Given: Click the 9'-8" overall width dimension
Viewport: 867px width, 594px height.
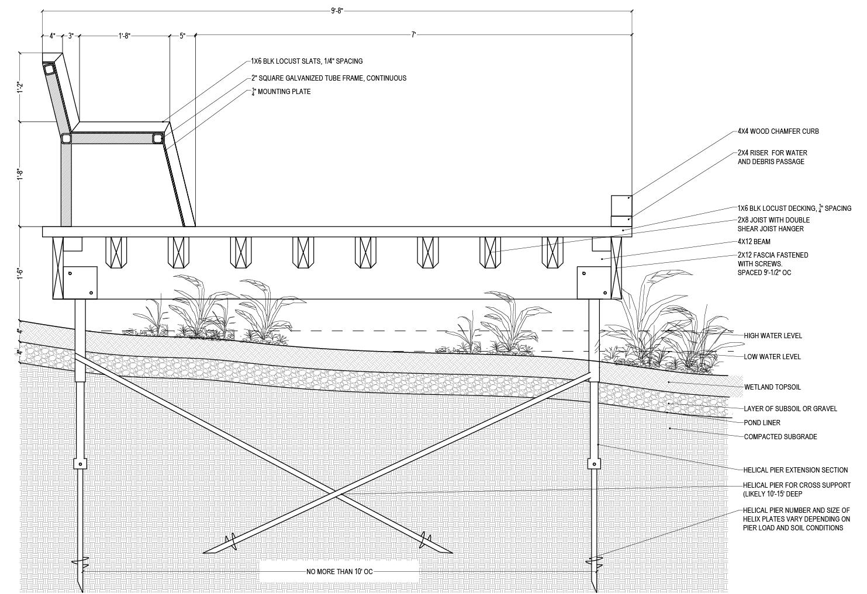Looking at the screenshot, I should click(337, 11).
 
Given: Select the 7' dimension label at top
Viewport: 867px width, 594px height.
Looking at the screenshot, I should click(413, 35).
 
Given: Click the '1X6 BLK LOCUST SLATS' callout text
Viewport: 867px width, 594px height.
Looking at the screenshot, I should click(306, 61).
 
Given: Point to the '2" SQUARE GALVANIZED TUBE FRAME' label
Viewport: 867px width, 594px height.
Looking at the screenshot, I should click(329, 78).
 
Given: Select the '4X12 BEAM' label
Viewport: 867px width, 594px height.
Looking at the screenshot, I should click(754, 242).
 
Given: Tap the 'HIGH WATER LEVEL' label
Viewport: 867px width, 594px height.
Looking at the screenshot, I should click(772, 336).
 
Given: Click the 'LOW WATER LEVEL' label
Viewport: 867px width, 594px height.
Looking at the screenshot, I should click(772, 357).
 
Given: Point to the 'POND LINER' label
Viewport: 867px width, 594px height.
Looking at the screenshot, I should click(762, 423).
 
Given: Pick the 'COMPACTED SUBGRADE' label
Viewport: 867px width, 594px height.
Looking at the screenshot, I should click(780, 437).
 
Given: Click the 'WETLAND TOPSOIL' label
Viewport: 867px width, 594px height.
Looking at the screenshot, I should click(772, 387).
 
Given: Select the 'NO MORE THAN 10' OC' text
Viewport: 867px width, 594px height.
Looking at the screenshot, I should click(339, 572).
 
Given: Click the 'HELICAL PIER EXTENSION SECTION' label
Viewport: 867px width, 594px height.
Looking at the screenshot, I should click(795, 470).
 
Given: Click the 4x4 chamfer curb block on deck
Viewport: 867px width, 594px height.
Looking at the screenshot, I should click(621, 205).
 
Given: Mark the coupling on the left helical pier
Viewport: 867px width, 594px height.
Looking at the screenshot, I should click(80, 464).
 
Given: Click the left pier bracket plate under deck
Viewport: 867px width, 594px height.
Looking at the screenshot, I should click(80, 283).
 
